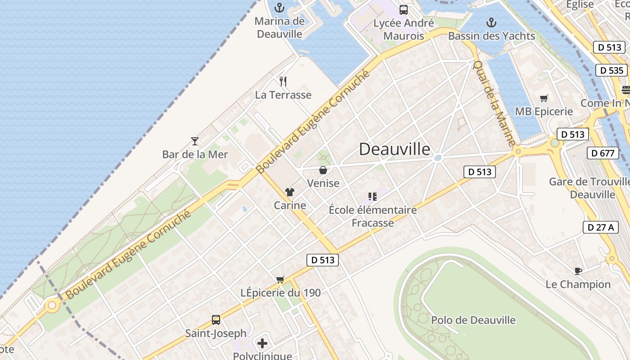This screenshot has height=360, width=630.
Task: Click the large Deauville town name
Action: point(395,149)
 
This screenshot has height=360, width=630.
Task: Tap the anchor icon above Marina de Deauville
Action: point(280,8)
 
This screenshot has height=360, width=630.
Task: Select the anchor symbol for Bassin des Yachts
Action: point(491,22)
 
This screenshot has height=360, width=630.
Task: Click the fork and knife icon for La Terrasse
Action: point(283,81)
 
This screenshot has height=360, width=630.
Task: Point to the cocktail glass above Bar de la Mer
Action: point(195,141)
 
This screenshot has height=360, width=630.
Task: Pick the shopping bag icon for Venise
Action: point(323,170)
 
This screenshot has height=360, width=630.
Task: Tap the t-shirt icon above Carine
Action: point(289,192)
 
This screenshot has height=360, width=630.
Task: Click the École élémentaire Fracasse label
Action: point(373,216)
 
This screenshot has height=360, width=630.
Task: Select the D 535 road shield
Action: point(612,70)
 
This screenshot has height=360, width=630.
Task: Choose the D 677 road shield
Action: point(603,153)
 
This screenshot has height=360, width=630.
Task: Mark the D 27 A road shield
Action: point(601,227)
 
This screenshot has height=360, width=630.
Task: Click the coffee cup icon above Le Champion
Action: point(578,271)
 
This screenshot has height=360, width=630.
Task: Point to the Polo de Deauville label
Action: point(473,320)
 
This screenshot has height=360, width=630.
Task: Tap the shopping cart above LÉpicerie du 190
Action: point(280,280)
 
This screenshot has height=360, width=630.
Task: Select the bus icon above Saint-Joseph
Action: point(216,320)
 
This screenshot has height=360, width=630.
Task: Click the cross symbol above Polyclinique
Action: point(262,344)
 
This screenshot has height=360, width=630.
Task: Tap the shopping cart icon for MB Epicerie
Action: point(544,98)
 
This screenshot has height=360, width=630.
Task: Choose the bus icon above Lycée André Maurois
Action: point(404,9)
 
